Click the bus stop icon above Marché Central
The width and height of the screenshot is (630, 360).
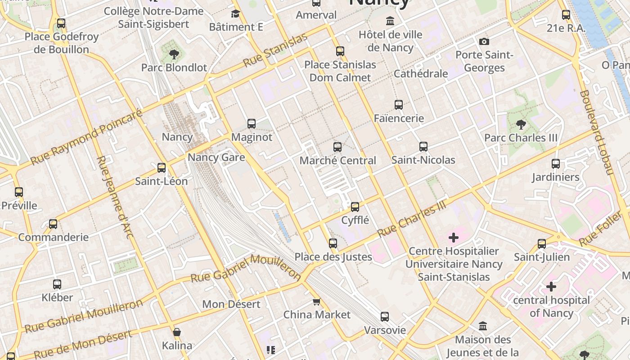337,147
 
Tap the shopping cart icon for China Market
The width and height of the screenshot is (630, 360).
316,301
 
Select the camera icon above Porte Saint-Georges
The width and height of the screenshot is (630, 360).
484,41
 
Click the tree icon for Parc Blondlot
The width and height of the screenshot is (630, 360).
173,54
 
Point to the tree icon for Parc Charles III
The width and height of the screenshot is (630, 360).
521,124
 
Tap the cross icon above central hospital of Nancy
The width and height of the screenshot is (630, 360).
551,286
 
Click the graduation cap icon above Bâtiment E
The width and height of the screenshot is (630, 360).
235,13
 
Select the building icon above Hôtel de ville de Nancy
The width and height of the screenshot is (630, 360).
390,21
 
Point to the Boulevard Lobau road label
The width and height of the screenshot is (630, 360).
597,132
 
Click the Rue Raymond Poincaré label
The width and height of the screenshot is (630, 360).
86,137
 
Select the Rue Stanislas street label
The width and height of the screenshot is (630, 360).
275,50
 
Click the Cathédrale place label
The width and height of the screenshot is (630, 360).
420,73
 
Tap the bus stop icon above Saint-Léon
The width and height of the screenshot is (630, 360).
161,168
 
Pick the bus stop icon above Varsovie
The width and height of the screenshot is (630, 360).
384,316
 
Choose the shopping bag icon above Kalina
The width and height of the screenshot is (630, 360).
177,333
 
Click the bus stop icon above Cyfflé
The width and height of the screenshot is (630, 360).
355,207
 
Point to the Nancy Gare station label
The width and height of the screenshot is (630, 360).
216,157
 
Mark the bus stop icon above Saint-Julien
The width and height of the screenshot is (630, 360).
541,244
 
